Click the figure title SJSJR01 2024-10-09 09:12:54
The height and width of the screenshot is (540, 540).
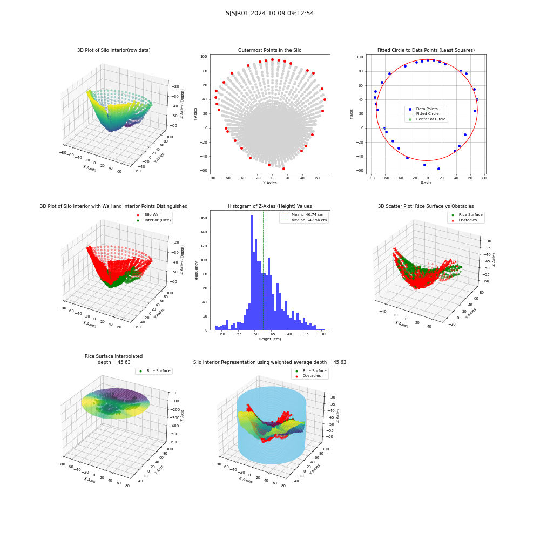click(x=269, y=13)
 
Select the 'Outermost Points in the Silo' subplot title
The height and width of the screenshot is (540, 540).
click(x=269, y=50)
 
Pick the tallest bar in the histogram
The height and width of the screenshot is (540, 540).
click(x=252, y=273)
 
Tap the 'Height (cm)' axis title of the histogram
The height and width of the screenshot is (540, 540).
click(x=269, y=339)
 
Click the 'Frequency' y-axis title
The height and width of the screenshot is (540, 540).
click(x=197, y=271)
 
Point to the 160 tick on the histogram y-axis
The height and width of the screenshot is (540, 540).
click(x=204, y=218)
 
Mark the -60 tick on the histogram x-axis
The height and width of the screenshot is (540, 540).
click(x=221, y=334)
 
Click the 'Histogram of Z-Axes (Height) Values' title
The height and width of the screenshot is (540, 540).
click(x=269, y=206)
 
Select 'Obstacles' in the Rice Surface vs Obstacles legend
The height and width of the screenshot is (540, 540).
click(x=468, y=220)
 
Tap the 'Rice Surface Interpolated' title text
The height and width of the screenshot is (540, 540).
click(x=113, y=356)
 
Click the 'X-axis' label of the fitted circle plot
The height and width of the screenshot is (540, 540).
click(x=426, y=183)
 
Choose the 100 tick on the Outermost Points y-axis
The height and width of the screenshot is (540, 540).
click(x=204, y=57)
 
